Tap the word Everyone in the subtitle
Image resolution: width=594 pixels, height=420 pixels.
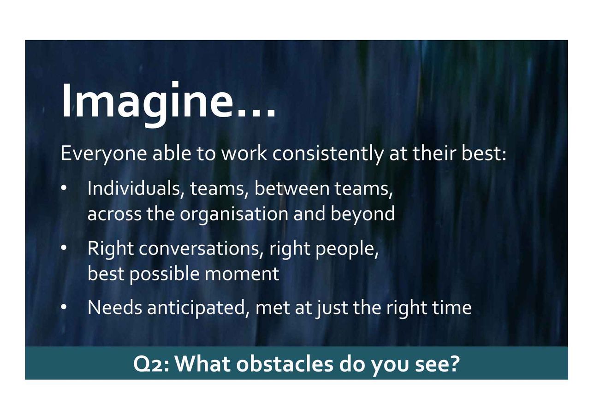pyautogui.click(x=104, y=154)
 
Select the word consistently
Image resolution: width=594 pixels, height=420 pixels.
pyautogui.click(x=327, y=154)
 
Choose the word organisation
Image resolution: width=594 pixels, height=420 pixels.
pyautogui.click(x=234, y=214)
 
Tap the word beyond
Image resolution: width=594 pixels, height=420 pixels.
pyautogui.click(x=362, y=214)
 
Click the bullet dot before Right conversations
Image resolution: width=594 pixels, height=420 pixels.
pyautogui.click(x=64, y=248)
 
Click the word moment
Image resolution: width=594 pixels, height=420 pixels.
pyautogui.click(x=242, y=274)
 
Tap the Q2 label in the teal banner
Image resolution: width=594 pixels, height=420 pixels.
pyautogui.click(x=151, y=365)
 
